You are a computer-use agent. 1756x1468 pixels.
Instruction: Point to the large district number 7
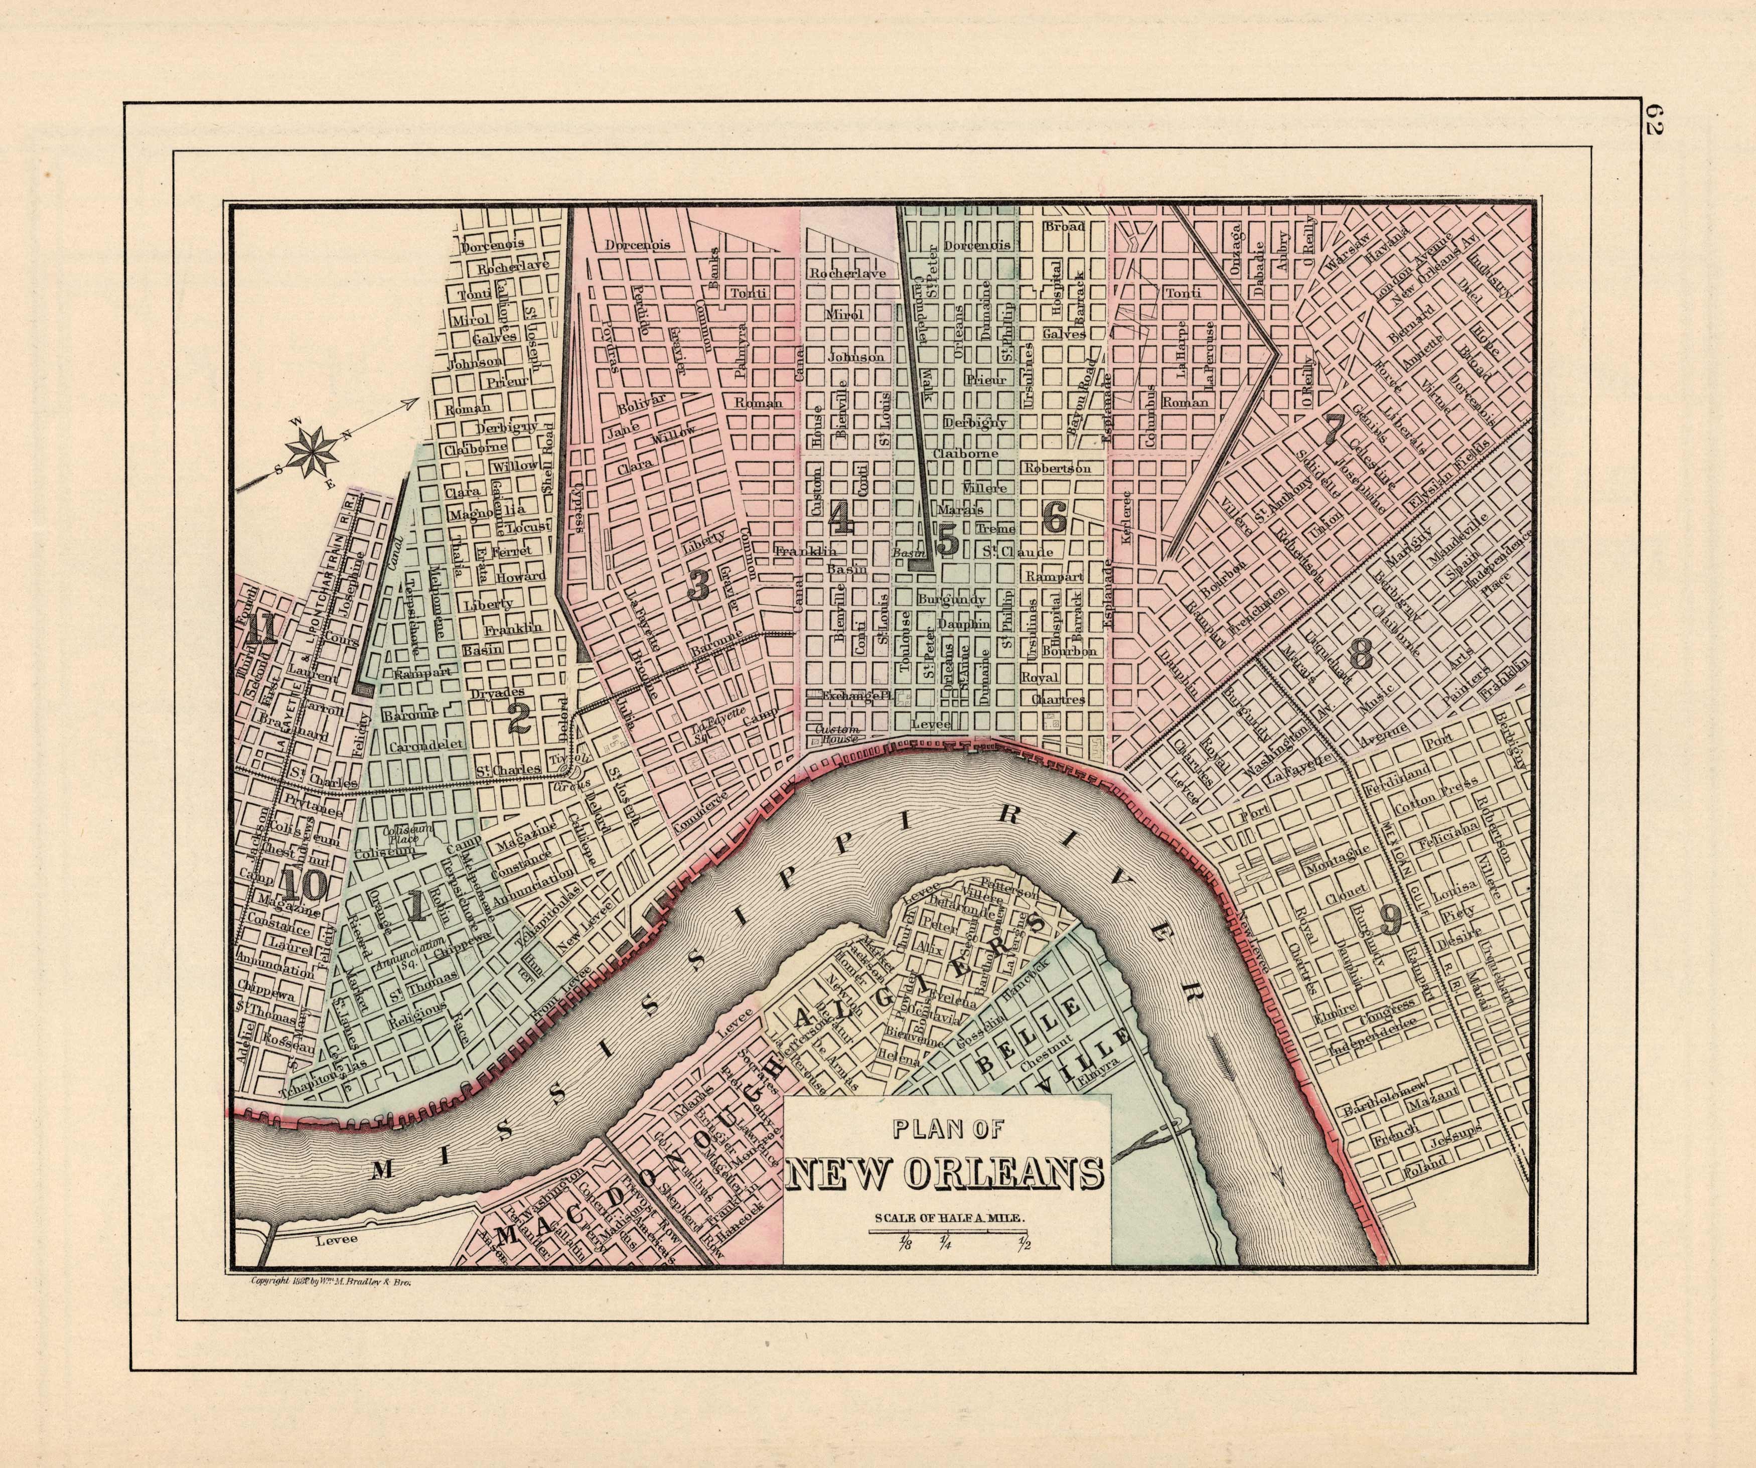(x=1333, y=429)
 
